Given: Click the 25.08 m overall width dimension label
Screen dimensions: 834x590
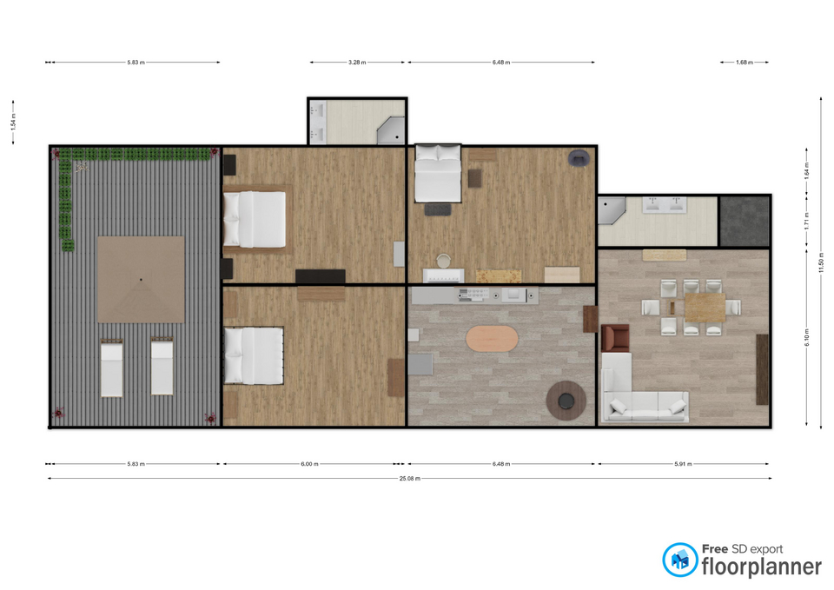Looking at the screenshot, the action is point(409,478).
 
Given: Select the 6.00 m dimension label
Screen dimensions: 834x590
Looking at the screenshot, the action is point(309,464).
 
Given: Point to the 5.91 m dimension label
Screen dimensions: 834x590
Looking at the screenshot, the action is point(683,464).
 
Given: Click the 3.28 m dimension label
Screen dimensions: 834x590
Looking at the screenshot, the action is point(357,63).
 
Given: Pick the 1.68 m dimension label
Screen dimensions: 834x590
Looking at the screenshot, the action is point(745,63).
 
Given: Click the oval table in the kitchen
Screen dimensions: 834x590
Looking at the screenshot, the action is point(492,338).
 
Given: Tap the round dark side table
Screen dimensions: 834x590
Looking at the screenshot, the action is point(566,400).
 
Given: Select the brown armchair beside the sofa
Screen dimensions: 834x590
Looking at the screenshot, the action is point(615,338).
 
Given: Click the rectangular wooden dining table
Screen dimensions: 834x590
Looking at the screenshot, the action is point(705,308).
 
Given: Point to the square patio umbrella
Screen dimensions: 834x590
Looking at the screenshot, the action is point(141,279).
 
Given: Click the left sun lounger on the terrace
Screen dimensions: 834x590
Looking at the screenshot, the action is point(112,367).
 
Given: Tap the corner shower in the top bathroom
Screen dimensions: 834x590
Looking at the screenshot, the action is point(391,130).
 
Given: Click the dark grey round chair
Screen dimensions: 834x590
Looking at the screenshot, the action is point(579,158).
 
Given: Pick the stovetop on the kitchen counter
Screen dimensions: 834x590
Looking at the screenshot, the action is point(473,295).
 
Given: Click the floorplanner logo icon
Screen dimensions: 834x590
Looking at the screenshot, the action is point(679,560).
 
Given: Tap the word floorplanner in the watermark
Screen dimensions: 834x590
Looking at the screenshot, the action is point(762,567).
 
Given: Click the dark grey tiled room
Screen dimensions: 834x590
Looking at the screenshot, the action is point(744,222).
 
